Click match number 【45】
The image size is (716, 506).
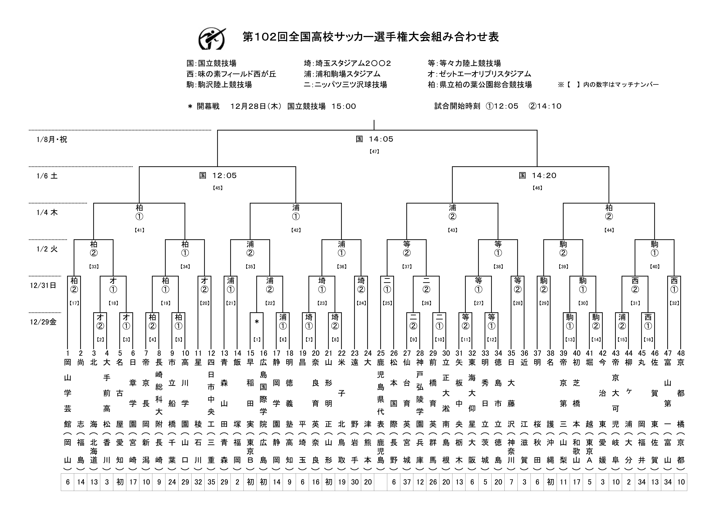[218, 188]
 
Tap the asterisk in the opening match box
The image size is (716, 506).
[257, 322]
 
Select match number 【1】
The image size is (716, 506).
[257, 339]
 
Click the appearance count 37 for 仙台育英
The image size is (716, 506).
[407, 482]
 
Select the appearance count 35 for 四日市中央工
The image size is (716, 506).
[211, 482]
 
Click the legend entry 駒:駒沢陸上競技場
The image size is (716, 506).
[219, 85]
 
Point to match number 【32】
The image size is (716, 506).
[674, 303]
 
